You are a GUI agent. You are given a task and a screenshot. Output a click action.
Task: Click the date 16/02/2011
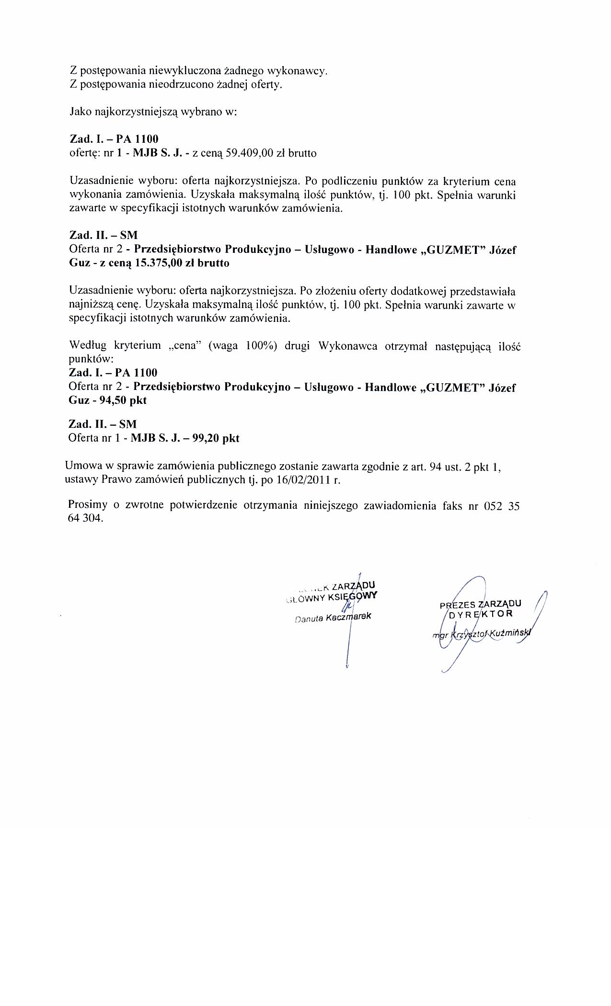tap(306, 480)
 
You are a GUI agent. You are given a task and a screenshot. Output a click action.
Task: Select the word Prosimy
tap(89, 505)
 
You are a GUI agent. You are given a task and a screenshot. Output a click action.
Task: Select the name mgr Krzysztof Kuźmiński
tap(482, 633)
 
